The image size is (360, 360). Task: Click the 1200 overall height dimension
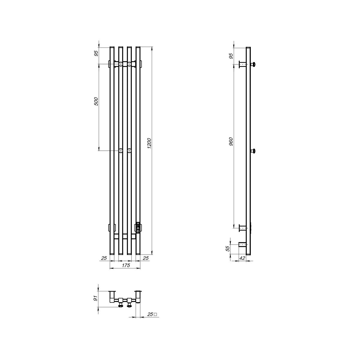tap(149, 143)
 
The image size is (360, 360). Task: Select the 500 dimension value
tap(96, 101)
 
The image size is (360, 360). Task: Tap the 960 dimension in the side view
tap(231, 142)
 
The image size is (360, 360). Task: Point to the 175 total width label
tap(126, 265)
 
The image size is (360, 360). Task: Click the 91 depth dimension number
tap(96, 304)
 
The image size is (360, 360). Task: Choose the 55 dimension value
tap(228, 249)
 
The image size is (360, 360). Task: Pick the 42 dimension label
tap(242, 258)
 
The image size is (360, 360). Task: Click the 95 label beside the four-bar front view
tap(96, 53)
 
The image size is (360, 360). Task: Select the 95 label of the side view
tap(231, 56)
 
